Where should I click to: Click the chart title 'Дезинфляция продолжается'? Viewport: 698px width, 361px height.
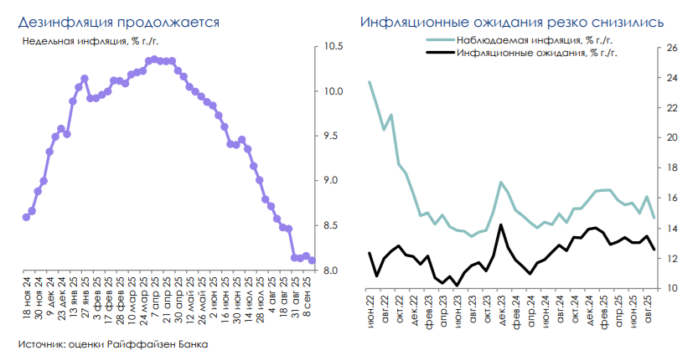(x=119, y=21)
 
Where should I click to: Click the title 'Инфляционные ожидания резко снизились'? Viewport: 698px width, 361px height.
(x=512, y=21)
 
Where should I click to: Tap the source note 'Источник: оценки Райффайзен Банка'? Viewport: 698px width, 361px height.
(x=112, y=344)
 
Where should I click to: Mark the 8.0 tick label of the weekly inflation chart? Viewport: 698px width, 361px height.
(x=333, y=271)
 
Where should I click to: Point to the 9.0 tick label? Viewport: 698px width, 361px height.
(x=333, y=181)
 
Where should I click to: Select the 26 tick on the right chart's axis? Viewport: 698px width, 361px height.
(x=671, y=48)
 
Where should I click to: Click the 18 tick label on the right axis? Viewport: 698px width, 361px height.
(x=671, y=168)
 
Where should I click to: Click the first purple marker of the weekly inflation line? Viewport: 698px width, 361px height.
(x=26, y=217)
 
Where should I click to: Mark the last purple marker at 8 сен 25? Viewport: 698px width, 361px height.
(x=313, y=260)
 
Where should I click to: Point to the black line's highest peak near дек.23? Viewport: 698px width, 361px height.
(x=500, y=224)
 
